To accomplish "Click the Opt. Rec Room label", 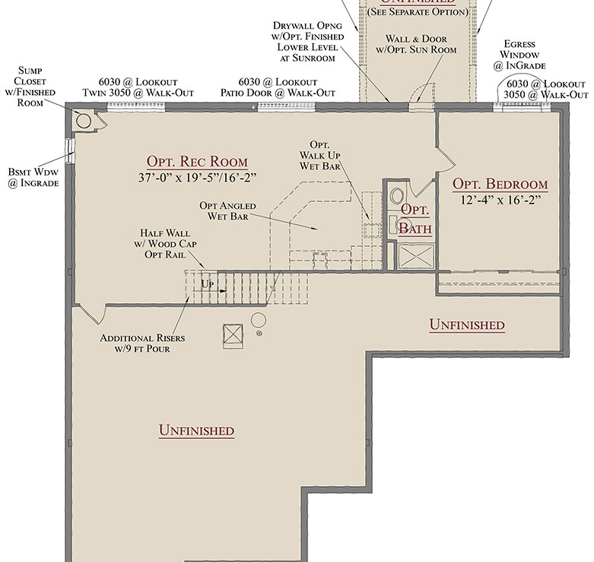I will pos(197,162).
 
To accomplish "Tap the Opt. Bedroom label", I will pos(500,185).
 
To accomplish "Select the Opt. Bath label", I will pos(415,219).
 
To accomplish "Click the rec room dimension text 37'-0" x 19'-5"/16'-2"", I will pos(197,179).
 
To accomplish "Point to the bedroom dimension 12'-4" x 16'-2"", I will pos(500,202).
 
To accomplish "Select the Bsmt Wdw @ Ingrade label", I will pos(33,178).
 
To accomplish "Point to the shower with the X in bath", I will pos(415,257).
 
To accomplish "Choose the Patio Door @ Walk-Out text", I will pos(278,93).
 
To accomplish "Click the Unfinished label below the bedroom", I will pos(466,325).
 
